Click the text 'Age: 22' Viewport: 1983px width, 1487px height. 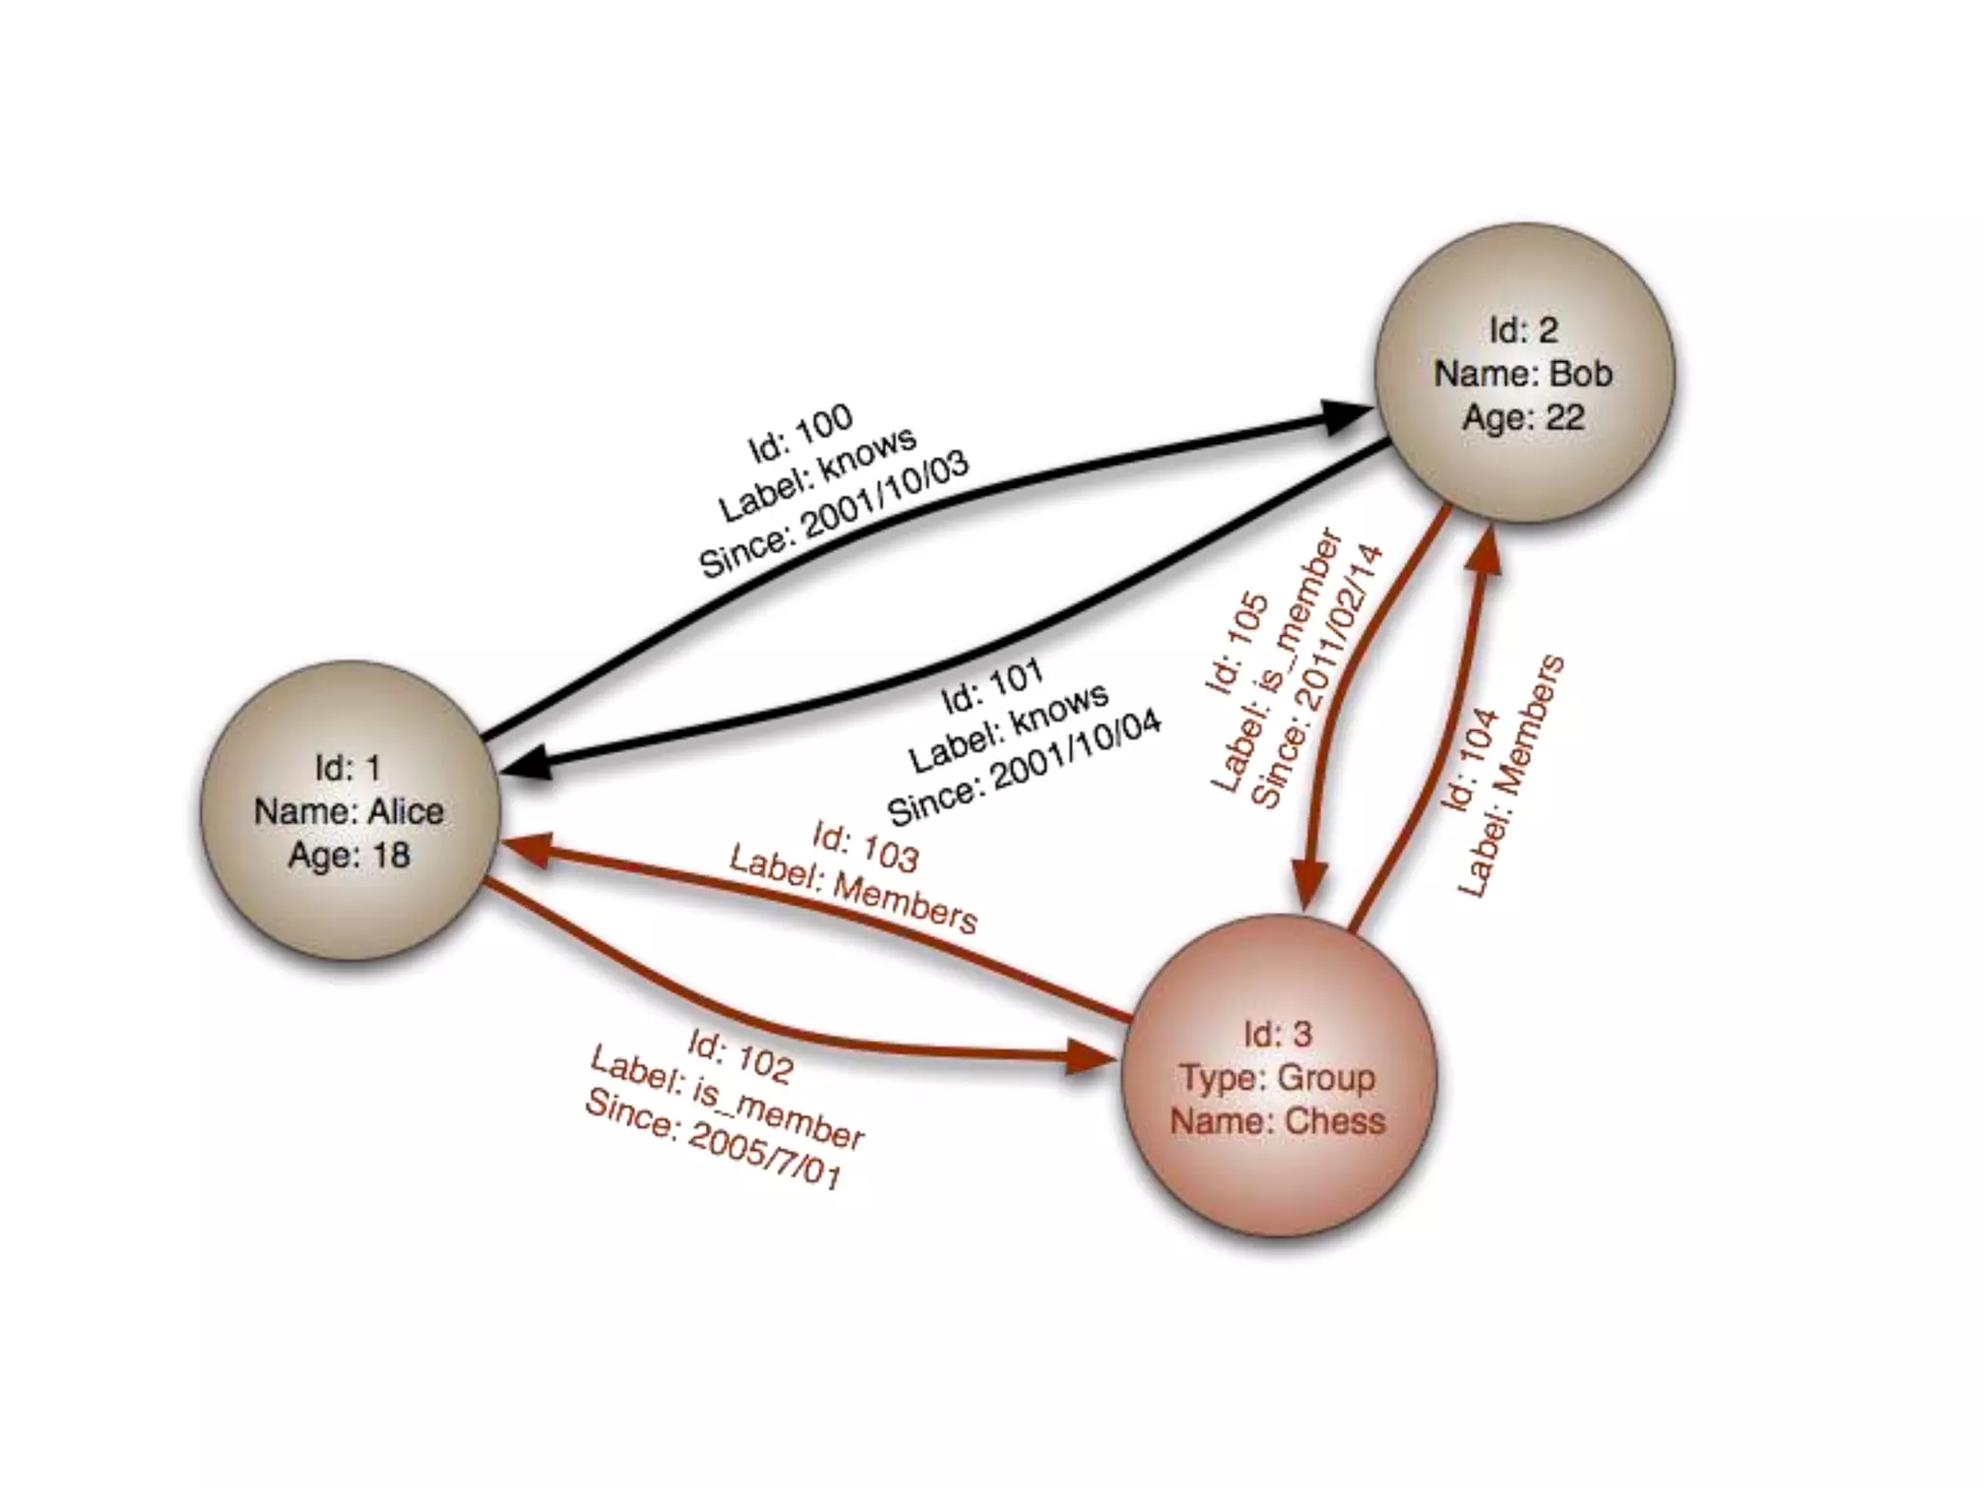tap(1523, 418)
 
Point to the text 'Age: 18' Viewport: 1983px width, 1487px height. tap(350, 856)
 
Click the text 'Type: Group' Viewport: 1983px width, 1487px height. tap(1277, 1077)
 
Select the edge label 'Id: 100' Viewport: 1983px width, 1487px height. tap(801, 432)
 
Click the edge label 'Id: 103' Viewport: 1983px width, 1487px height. tap(865, 845)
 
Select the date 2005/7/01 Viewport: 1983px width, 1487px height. tap(765, 1157)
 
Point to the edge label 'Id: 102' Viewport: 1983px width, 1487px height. tap(741, 1055)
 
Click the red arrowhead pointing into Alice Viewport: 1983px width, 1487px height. tap(529, 849)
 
